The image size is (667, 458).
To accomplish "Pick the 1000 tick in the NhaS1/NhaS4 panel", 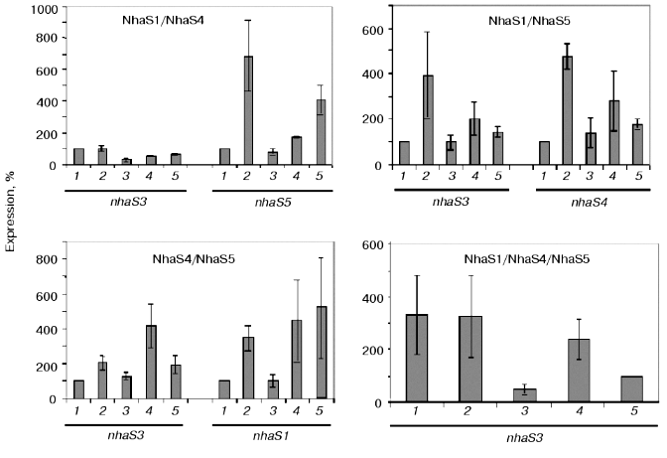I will [x=41, y=9].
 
